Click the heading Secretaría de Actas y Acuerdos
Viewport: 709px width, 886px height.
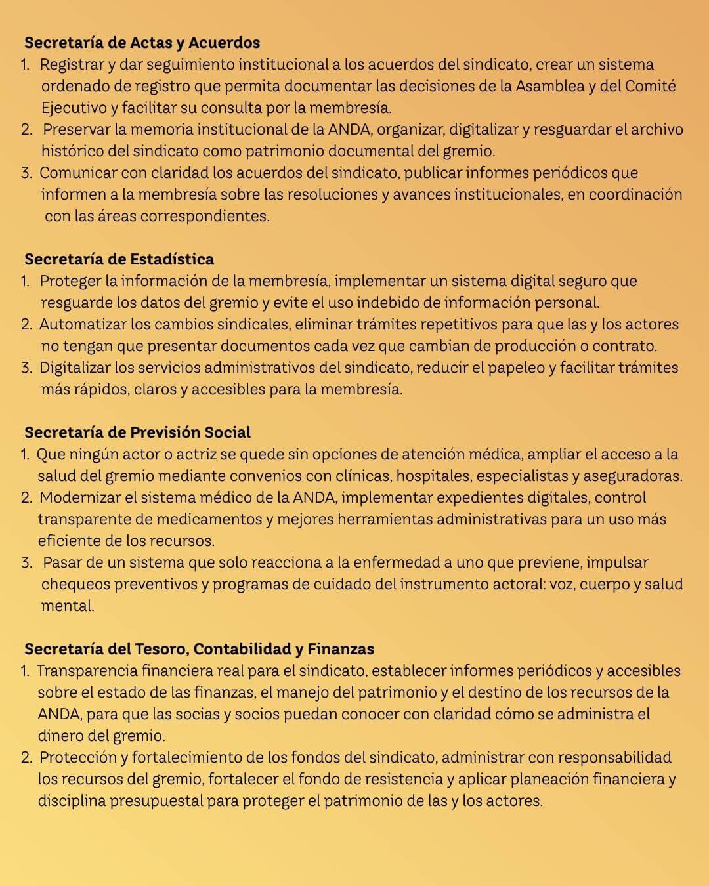point(142,43)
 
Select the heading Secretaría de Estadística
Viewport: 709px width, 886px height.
point(119,259)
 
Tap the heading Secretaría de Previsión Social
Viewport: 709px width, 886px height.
point(137,432)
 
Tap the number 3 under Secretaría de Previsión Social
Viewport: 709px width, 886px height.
point(26,562)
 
